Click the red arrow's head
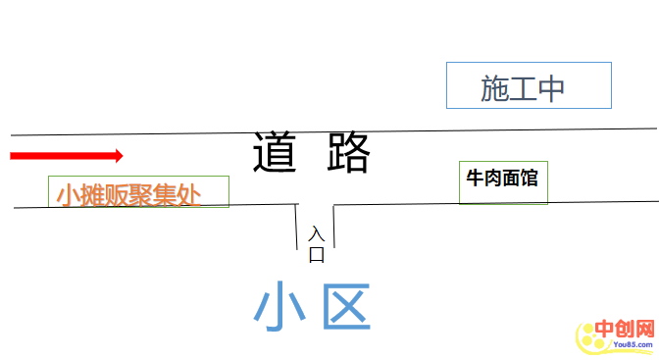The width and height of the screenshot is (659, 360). pyautogui.click(x=117, y=155)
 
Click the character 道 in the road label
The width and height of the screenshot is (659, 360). pyautogui.click(x=277, y=153)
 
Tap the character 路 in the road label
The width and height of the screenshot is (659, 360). pyautogui.click(x=347, y=153)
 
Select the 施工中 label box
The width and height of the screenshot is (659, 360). pyautogui.click(x=529, y=86)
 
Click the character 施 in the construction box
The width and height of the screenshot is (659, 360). pyautogui.click(x=494, y=89)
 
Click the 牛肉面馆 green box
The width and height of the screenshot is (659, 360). pyautogui.click(x=503, y=182)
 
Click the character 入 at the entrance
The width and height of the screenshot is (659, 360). pyautogui.click(x=316, y=234)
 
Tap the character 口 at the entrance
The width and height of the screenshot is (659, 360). pyautogui.click(x=316, y=255)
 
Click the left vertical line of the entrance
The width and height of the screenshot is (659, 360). pyautogui.click(x=297, y=228)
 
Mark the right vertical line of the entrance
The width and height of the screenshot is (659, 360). pyautogui.click(x=333, y=228)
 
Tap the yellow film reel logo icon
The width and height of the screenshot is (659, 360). pyautogui.click(x=589, y=339)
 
